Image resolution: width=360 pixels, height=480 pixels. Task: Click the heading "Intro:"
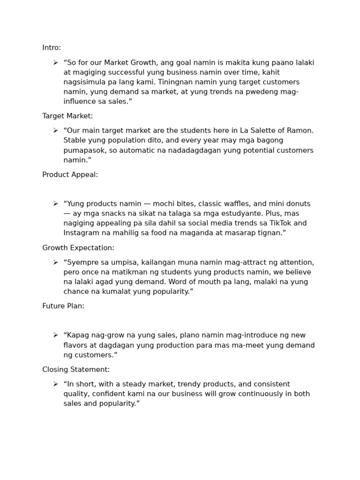point(52,48)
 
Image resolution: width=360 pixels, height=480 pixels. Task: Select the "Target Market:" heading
point(67,116)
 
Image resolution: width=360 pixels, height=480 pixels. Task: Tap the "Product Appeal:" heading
point(70,174)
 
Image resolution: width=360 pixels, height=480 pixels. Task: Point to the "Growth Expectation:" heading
point(78,247)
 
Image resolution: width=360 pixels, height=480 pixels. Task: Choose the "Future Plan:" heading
point(63,306)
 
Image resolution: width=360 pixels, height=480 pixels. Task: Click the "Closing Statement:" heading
point(76,369)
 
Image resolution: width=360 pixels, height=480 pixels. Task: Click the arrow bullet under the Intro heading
point(55,62)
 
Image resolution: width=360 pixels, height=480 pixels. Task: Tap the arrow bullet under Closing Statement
point(55,384)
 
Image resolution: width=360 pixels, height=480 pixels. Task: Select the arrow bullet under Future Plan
point(55,335)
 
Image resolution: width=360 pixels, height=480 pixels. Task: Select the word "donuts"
point(298,204)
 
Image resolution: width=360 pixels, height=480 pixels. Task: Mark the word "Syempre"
point(82,262)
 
